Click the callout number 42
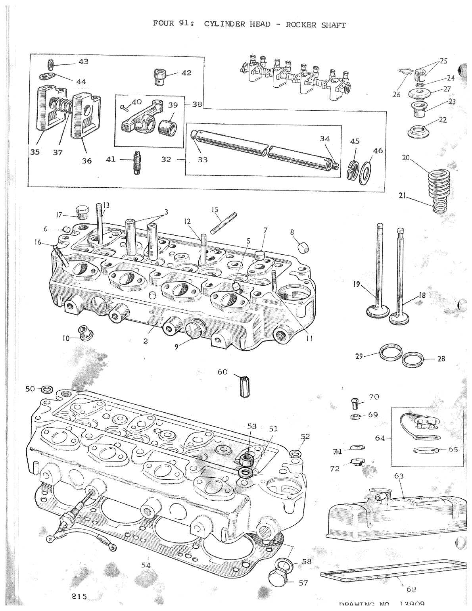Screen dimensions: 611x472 coord(186,73)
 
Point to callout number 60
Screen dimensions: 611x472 coord(222,372)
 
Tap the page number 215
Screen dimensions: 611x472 coord(79,596)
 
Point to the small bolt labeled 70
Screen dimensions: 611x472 coord(355,403)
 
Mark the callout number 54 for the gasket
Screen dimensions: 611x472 coord(146,565)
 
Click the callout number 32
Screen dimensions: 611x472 coord(166,159)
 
